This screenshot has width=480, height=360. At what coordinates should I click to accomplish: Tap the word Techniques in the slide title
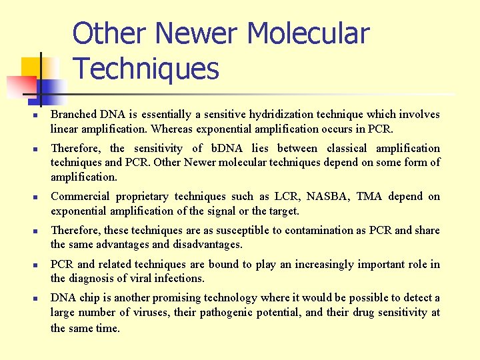[146, 68]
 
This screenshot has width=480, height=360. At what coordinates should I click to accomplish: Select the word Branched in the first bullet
[74, 115]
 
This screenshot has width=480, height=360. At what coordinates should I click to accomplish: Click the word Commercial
[80, 197]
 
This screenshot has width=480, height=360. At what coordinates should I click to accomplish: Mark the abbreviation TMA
[369, 197]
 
